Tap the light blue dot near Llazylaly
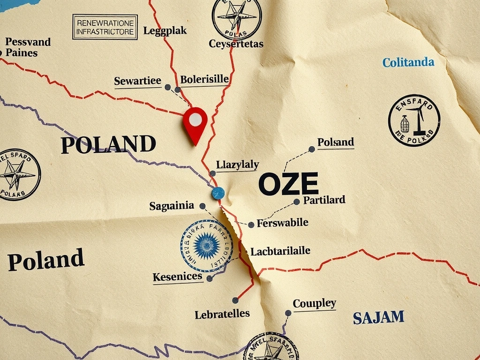[x=218, y=193]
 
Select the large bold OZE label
[x=288, y=184]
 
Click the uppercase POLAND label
[x=108, y=144]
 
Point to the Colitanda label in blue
[x=408, y=62]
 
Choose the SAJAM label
[x=378, y=317]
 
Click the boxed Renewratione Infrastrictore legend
[x=105, y=27]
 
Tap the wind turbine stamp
[x=414, y=120]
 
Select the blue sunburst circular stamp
[x=207, y=246]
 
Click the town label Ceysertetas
[x=236, y=44]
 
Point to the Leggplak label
[x=165, y=31]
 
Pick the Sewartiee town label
[x=138, y=81]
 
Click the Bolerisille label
[x=204, y=79]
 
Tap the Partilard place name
[x=324, y=200]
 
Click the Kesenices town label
[x=177, y=277]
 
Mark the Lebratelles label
[x=222, y=314]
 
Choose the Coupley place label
[x=314, y=304]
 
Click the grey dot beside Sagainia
[x=202, y=206]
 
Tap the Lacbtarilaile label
[x=280, y=251]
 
